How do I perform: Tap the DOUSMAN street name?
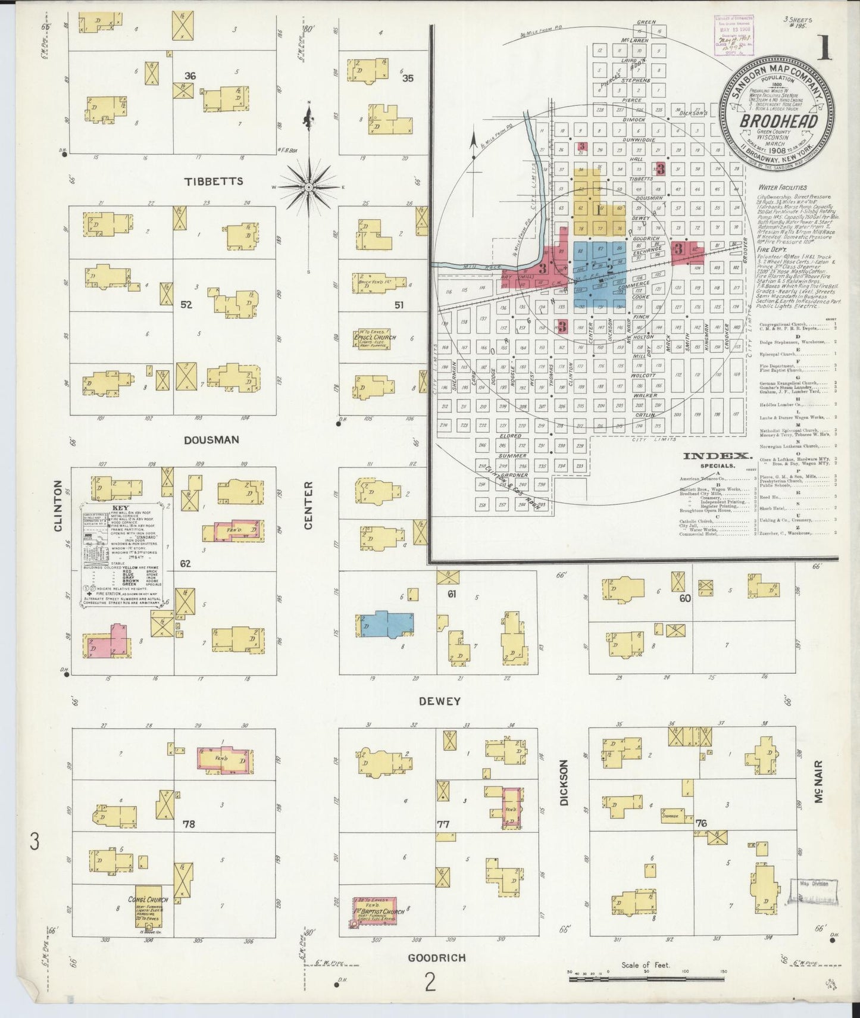coord(211,440)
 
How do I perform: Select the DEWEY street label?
coord(439,701)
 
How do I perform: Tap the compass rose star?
coord(309,188)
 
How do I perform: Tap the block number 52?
coord(186,305)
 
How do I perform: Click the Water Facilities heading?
coord(783,188)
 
